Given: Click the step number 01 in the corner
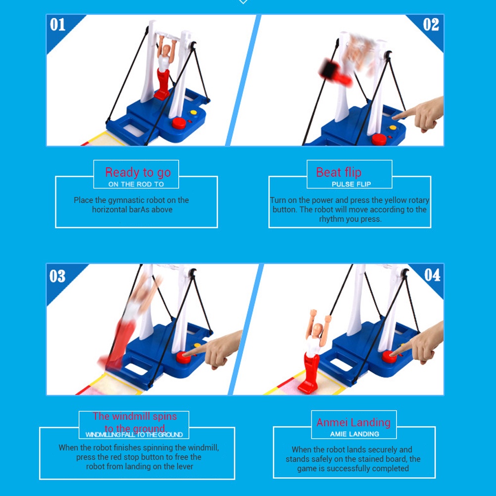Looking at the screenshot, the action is (57, 25).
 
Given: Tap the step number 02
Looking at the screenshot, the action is (431, 25).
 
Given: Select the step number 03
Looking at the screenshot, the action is (57, 276).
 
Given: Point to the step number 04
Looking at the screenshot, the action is (432, 275).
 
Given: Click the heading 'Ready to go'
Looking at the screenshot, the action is (138, 173).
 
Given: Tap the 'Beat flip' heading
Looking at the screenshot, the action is (339, 172).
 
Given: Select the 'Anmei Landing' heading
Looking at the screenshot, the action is (353, 423).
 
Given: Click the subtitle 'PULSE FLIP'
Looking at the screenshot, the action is (351, 184).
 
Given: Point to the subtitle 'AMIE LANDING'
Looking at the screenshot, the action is (354, 434).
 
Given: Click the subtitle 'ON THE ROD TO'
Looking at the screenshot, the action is (136, 184).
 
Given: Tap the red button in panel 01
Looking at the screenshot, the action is (179, 123).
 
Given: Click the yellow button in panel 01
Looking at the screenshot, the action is (193, 112).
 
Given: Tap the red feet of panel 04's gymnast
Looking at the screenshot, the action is (308, 386).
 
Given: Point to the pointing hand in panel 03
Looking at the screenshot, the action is (215, 349).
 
